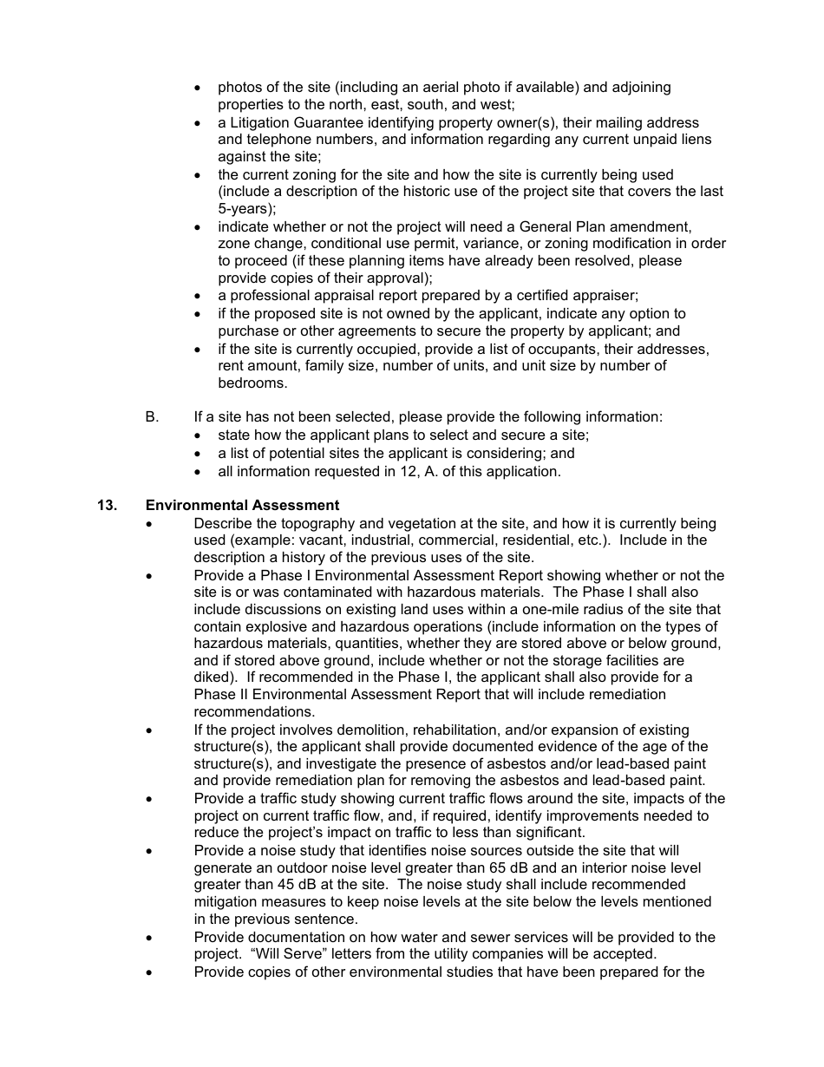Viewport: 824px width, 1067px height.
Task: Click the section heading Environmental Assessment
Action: (x=242, y=505)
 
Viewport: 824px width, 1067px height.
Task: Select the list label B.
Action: (x=152, y=416)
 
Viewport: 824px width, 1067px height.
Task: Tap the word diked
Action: (x=213, y=677)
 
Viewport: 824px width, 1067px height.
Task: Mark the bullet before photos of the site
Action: (x=199, y=88)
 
